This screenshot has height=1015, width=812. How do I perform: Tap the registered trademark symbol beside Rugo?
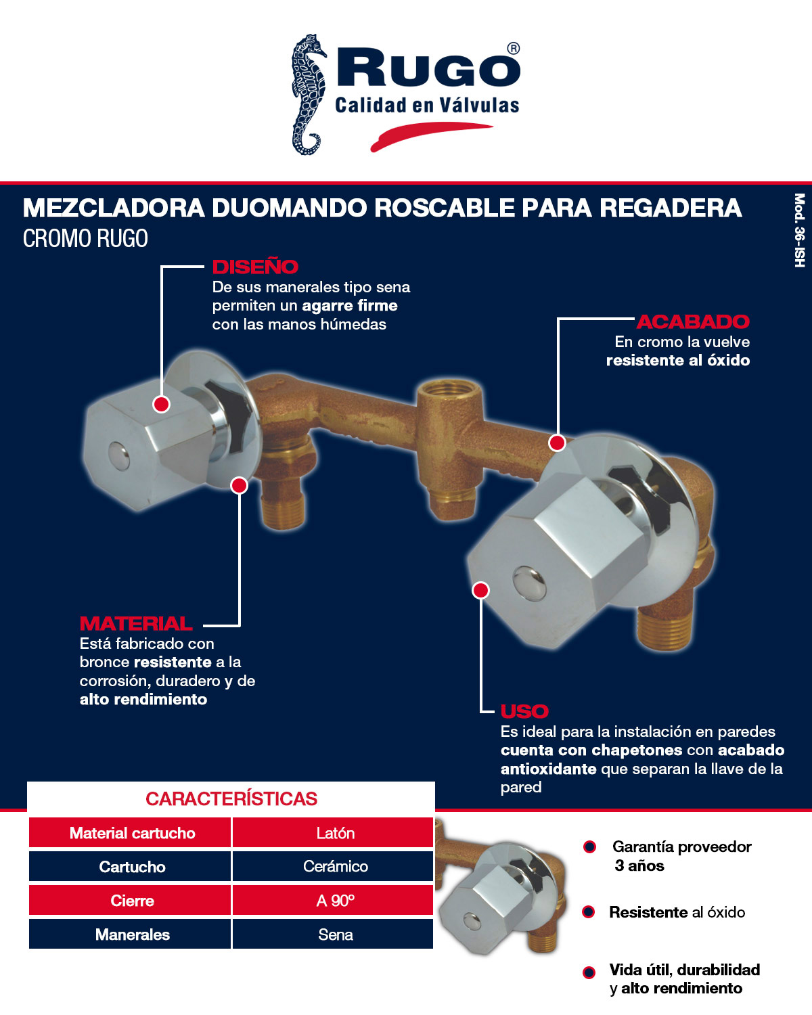point(514,49)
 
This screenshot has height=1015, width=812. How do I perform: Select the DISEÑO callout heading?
point(255,267)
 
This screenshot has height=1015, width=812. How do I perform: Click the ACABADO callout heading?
point(693,321)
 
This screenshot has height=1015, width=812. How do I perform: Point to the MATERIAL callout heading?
point(136,623)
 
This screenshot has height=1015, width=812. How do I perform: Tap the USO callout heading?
point(524,711)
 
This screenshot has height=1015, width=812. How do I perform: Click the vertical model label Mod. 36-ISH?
point(799,230)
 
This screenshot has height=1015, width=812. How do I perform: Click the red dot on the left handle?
point(161,404)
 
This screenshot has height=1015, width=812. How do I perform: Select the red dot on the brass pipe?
point(557,443)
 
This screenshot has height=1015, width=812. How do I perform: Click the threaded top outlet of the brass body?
point(449,392)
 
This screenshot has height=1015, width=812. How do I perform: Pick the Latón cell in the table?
point(335,833)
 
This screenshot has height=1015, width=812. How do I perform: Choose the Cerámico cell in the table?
point(335,867)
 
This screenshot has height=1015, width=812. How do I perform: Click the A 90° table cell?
point(335,901)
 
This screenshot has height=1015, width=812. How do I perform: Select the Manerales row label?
point(132,934)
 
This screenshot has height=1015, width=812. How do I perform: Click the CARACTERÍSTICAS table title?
point(231,798)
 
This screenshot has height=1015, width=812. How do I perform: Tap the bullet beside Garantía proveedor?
point(589,847)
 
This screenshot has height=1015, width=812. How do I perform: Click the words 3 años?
point(639,865)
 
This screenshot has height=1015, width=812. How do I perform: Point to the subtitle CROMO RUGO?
point(85,239)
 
